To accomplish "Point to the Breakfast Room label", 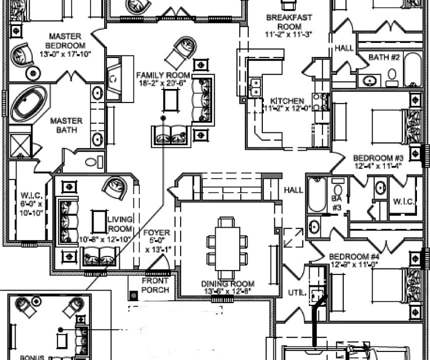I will point(289,18).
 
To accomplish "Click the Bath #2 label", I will point(384,57).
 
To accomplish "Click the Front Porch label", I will point(155,285).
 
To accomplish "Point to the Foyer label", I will point(157,233).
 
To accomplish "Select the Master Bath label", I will point(66,126).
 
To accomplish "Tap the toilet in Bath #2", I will point(392,76).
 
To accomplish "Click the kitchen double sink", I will point(256,87).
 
